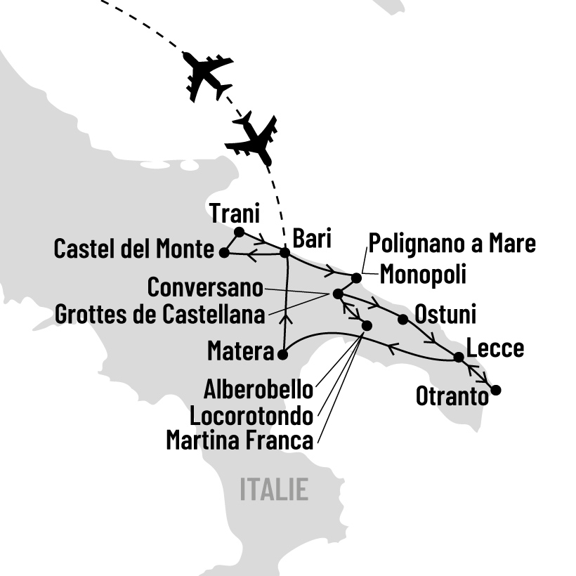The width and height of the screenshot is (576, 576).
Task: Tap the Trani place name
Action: tap(235, 212)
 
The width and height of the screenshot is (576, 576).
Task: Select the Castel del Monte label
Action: tap(133, 249)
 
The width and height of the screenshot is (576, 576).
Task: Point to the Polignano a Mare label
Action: tap(452, 244)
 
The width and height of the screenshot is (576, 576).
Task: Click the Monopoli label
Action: tap(423, 274)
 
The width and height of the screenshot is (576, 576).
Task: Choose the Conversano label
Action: tap(205, 287)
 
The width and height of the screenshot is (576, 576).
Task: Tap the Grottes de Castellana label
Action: tap(160, 314)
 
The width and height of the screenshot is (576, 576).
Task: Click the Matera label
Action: tap(240, 351)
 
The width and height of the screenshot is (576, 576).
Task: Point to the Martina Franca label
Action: tap(239, 441)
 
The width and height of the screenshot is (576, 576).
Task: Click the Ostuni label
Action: tap(445, 314)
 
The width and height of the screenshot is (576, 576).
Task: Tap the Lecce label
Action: tap(495, 348)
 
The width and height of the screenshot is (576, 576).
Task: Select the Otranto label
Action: tap(452, 397)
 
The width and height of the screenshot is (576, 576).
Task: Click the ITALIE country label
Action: tap(274, 490)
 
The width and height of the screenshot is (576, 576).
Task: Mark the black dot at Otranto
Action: tap(496, 391)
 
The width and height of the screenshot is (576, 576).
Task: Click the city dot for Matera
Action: tap(282, 355)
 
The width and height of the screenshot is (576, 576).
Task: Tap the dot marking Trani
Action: tap(239, 232)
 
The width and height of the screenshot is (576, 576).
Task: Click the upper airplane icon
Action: tap(207, 75)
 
